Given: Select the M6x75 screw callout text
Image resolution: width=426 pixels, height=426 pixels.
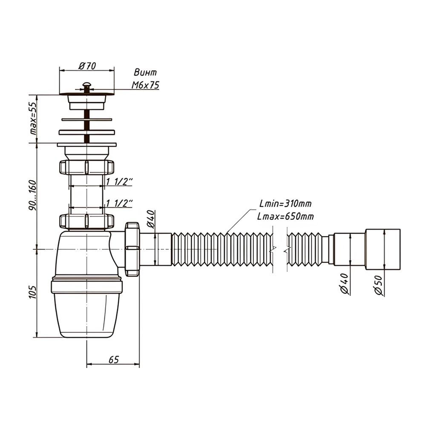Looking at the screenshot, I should (145, 85).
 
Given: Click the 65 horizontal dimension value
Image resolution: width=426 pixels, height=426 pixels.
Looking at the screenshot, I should (113, 359).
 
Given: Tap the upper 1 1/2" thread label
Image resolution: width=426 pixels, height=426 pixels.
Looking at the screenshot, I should (119, 182).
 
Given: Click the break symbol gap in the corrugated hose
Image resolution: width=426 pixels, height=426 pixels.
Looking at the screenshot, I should (281, 249).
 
